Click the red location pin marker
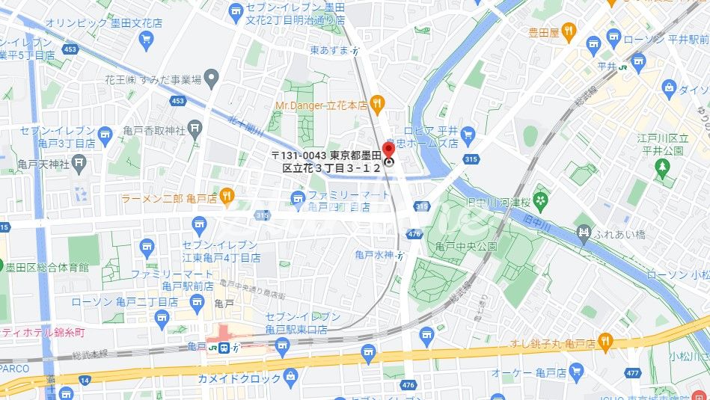(388, 150)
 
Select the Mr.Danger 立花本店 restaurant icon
(378, 104)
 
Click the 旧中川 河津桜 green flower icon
(542, 200)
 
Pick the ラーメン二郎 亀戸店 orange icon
(227, 197)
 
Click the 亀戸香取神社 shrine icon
(195, 129)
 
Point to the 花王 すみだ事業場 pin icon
(212, 77)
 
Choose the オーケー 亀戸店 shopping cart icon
(575, 371)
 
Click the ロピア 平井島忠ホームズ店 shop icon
(468, 135)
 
